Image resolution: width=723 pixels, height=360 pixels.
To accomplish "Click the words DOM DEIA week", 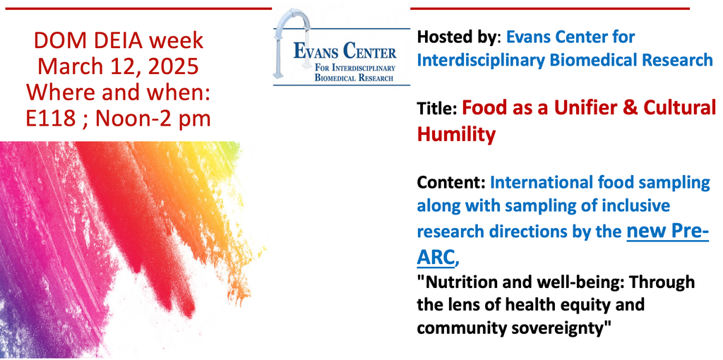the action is pos(118,40).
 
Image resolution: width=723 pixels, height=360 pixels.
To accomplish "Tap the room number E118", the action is pos(51,119).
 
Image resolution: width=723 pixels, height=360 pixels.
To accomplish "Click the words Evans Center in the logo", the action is pos(345,51).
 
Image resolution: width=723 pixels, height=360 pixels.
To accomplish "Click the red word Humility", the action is pos(456,134).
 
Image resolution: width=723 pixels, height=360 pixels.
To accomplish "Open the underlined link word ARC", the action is pos(435,258).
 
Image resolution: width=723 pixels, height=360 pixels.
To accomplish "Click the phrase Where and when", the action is pos(118,92).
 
